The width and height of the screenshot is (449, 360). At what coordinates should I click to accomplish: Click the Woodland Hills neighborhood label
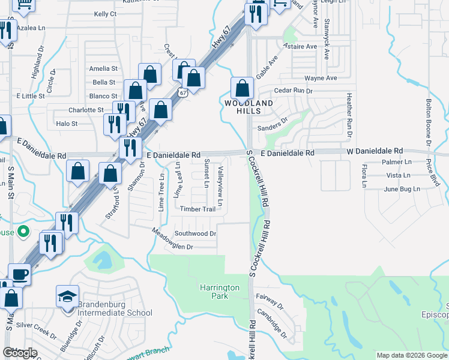(x=243, y=107)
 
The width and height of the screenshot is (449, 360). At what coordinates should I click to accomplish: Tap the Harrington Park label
(x=220, y=292)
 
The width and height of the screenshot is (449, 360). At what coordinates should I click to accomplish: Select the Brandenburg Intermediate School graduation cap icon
(x=67, y=296)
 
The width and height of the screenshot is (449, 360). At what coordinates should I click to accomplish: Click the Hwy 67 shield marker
(x=182, y=92)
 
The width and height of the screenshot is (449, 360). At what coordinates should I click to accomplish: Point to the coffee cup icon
(x=19, y=274)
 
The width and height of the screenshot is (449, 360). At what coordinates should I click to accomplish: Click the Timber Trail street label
(x=197, y=209)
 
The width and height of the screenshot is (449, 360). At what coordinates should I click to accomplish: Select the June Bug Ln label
(x=402, y=189)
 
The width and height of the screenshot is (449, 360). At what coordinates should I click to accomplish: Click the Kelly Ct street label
(x=105, y=14)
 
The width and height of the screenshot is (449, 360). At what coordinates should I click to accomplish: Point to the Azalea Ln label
(x=31, y=28)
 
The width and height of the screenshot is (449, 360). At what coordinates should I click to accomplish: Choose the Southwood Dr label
(x=195, y=233)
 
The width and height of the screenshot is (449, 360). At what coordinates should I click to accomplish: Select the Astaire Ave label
(x=303, y=46)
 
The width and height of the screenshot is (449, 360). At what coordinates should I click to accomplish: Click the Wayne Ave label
(x=321, y=78)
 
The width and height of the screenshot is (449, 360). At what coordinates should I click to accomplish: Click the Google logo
(x=20, y=353)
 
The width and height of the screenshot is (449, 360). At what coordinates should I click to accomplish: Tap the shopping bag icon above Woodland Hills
(x=242, y=88)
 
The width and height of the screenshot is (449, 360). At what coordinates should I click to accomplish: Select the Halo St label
(x=67, y=124)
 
